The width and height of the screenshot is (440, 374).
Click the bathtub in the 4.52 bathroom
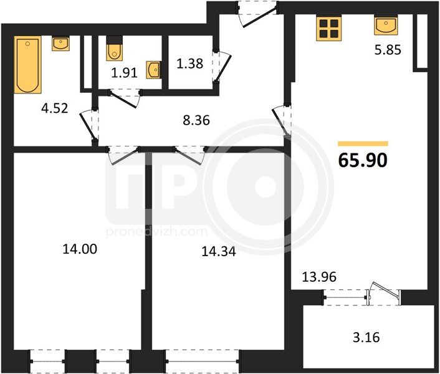pos(27,65)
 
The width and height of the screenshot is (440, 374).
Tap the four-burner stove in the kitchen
pos(329,29)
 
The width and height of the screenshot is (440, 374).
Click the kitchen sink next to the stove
pos(386,26)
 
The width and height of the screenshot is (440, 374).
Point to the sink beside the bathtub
pos(60,44)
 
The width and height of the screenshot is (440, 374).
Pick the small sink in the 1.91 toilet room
pos(153,70)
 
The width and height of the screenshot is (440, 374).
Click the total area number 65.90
pos(363,160)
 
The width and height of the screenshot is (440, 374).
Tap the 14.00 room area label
pos(80,249)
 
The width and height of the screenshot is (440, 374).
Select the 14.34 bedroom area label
pos(219,252)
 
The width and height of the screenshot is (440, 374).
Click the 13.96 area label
pos(319,277)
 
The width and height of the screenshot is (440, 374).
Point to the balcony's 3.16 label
pos(366,337)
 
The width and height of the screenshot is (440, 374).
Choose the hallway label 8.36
pos(196,120)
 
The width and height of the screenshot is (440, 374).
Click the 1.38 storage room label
pos(189,64)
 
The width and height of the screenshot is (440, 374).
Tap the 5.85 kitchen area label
pos(388,50)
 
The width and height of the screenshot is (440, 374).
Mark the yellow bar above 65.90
pos(363,143)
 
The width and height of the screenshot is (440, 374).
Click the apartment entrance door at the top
pos(257,14)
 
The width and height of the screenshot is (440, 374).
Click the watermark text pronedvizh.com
pos(157,232)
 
